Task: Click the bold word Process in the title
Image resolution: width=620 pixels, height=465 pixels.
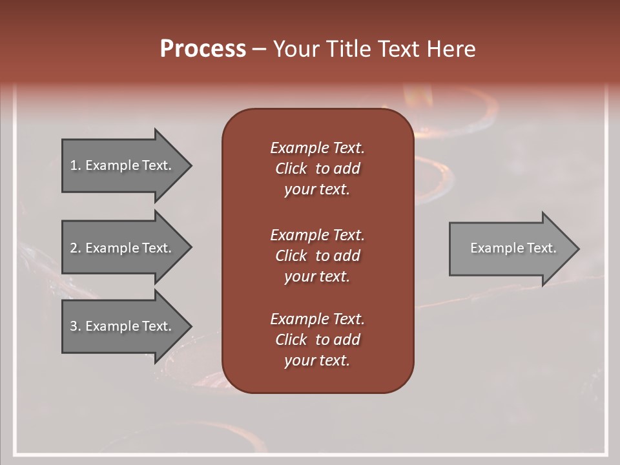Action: [x=203, y=49]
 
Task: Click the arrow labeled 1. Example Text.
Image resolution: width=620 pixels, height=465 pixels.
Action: [x=123, y=165]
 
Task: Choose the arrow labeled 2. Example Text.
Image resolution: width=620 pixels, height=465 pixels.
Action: [x=123, y=248]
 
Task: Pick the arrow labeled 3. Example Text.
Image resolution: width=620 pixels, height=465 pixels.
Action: [x=123, y=326]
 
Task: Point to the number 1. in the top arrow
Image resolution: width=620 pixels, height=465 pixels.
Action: [x=75, y=165]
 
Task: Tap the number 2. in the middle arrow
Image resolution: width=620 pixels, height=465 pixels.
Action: [x=75, y=248]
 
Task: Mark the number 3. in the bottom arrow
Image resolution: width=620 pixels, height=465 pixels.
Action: [x=75, y=326]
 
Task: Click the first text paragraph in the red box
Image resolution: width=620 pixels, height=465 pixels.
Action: [x=317, y=169]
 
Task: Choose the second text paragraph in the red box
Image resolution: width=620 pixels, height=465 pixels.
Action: [x=317, y=256]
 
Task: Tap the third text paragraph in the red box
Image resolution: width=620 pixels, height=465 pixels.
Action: [x=317, y=340]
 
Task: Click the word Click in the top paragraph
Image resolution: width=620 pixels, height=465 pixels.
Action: [x=291, y=169]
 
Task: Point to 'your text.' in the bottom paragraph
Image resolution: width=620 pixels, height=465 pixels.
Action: [x=317, y=360]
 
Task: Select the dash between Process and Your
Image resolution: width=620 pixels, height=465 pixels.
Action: [x=259, y=49]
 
